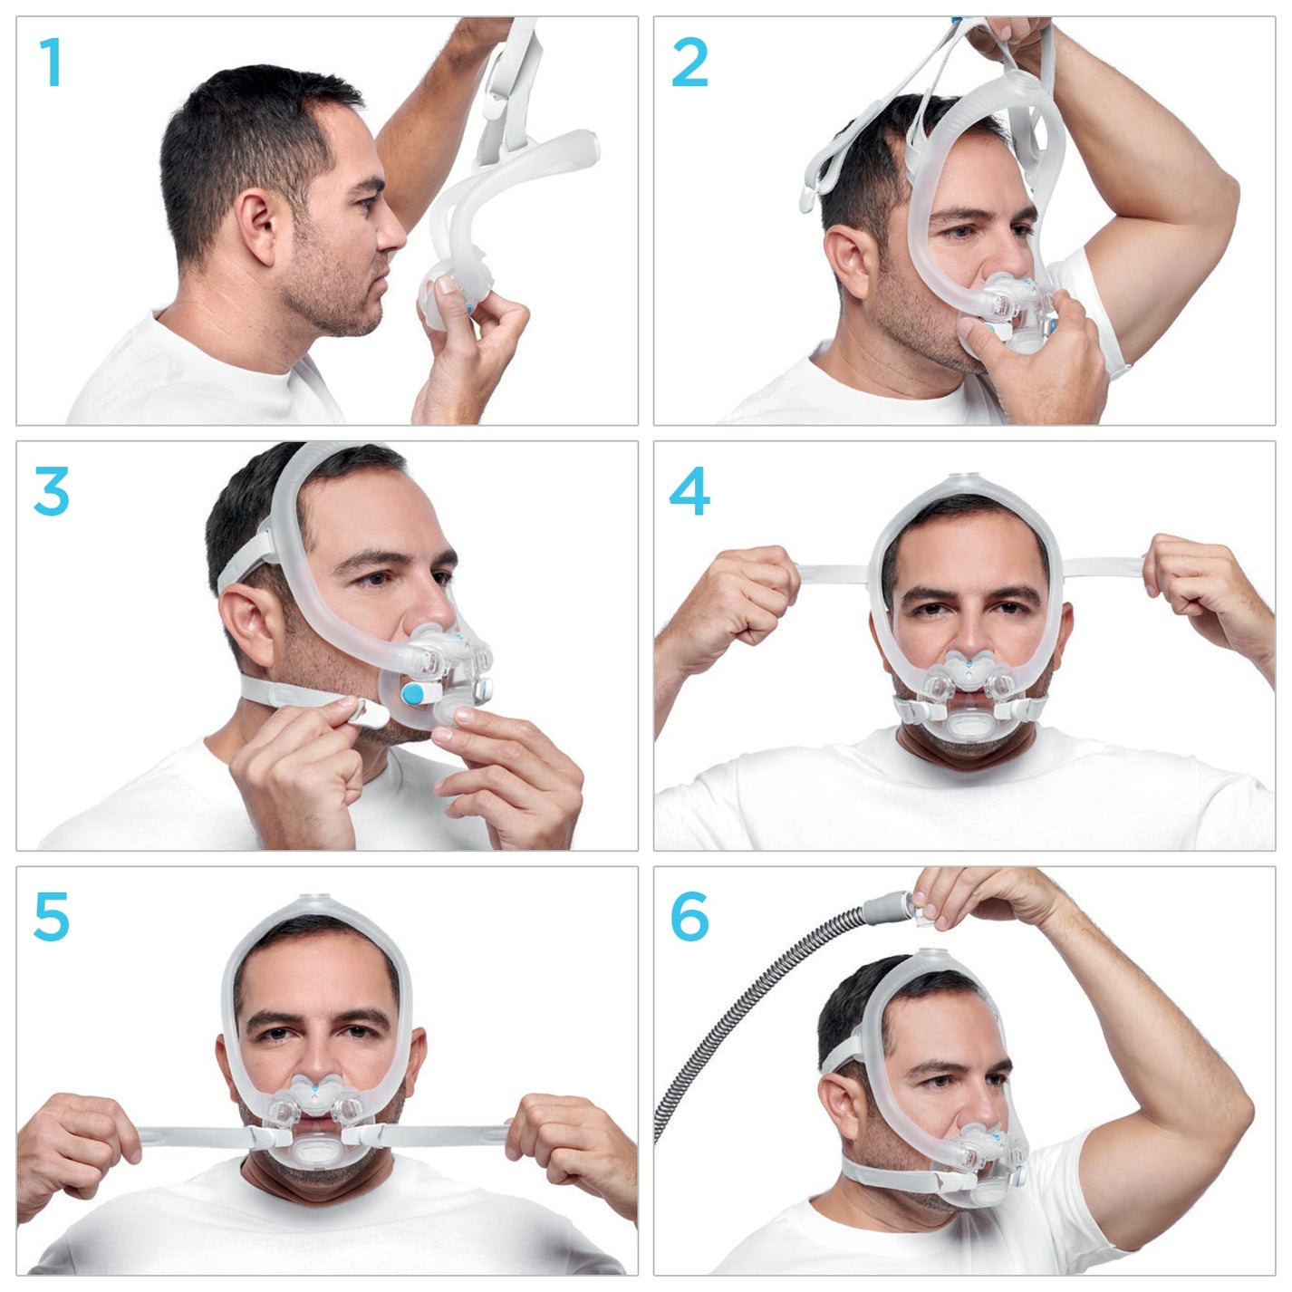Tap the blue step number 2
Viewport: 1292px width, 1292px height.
pyautogui.click(x=689, y=63)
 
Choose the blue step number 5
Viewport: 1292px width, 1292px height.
pyautogui.click(x=51, y=916)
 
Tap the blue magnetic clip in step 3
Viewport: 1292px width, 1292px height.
pyautogui.click(x=412, y=696)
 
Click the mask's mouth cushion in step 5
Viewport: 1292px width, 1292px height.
pyautogui.click(x=313, y=1155)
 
